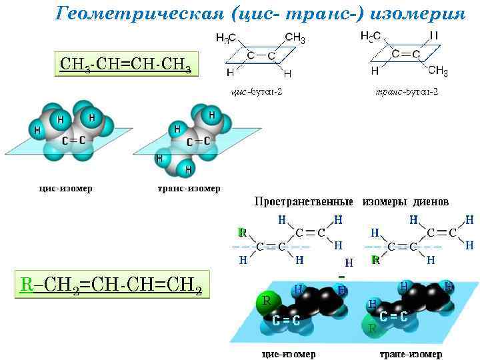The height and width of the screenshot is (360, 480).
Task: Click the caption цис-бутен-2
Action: tap(256, 91)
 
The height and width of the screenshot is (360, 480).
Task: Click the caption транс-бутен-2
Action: tap(407, 91)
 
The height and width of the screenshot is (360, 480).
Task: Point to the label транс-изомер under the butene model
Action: tap(188, 188)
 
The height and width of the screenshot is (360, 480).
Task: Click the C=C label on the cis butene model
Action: tap(73, 140)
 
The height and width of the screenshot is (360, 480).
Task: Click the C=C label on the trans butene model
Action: tap(198, 141)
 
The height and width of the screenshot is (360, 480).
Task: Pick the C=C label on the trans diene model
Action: tap(393, 317)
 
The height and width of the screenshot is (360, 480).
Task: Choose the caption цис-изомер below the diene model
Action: tap(288, 353)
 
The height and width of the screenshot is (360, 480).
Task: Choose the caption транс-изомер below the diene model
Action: tap(411, 353)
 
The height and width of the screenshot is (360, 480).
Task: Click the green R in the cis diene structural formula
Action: tap(243, 233)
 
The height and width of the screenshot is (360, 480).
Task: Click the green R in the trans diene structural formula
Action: tap(376, 259)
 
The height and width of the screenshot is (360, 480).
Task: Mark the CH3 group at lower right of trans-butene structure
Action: tap(437, 71)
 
